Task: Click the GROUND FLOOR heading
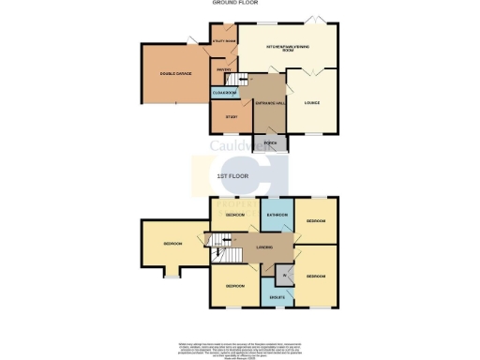(239, 4)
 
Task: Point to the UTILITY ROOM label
(224, 42)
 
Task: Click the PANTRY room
(224, 70)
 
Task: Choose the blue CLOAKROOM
(223, 92)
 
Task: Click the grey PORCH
(270, 143)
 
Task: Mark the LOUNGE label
(312, 103)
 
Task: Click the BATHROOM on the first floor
(277, 217)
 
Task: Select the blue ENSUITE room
(277, 296)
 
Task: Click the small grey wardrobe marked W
(284, 275)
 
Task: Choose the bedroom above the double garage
(172, 244)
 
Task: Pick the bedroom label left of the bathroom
(235, 216)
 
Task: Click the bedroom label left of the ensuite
(234, 285)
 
